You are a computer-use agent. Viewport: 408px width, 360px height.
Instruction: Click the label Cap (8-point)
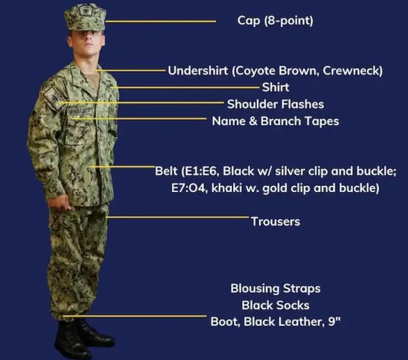click(x=276, y=21)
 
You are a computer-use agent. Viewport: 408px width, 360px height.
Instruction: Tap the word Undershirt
click(x=198, y=71)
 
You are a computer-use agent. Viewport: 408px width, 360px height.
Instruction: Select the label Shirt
click(x=276, y=87)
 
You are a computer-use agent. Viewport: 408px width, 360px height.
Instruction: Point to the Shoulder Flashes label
click(x=276, y=104)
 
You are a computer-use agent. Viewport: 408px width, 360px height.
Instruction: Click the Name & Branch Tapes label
click(x=276, y=121)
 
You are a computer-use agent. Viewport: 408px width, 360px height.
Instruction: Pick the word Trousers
click(x=276, y=221)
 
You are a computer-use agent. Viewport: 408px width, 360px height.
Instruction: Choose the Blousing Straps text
click(x=276, y=289)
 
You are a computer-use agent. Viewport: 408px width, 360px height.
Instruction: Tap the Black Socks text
click(x=276, y=305)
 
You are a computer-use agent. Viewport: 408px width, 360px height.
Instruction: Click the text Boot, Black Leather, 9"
click(x=276, y=322)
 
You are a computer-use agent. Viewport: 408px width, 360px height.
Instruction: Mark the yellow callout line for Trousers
click(x=178, y=217)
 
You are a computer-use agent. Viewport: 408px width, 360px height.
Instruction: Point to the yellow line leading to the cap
click(x=160, y=21)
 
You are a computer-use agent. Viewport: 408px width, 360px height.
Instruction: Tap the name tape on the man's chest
click(x=80, y=112)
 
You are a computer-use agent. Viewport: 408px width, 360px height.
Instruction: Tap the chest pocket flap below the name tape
click(x=80, y=120)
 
